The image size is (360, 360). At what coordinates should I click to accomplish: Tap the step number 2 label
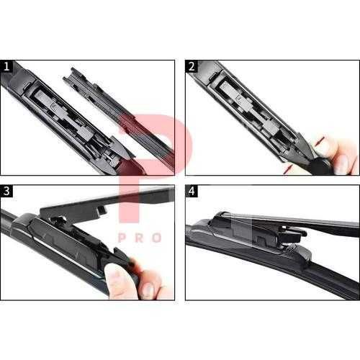coord(192,67)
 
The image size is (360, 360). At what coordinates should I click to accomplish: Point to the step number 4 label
coord(192,192)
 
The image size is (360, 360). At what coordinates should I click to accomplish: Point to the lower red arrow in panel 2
coord(288,169)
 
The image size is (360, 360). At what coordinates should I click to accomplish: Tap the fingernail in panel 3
coord(147,289)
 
